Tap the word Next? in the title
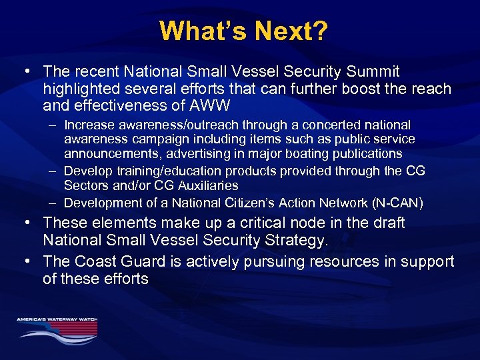click(x=288, y=31)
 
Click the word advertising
click(x=198, y=154)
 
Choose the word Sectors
click(x=85, y=185)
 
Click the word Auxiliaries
click(x=207, y=185)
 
